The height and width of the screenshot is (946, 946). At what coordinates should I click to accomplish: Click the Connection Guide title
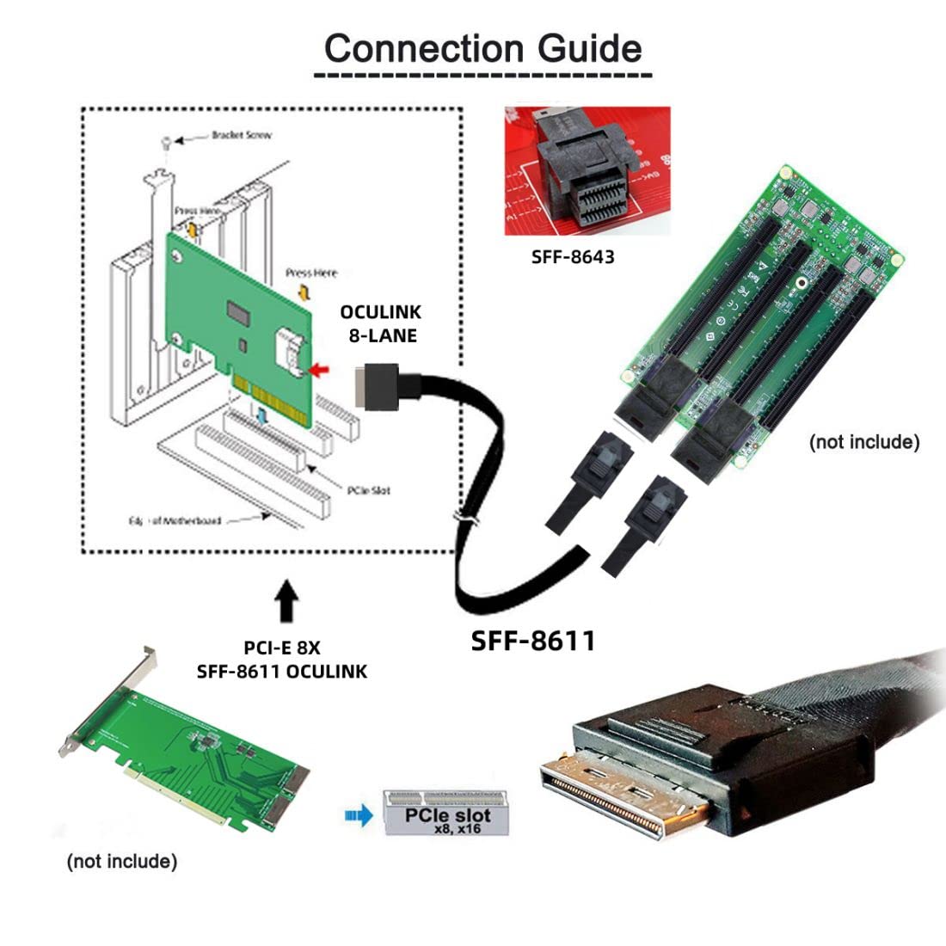point(482,48)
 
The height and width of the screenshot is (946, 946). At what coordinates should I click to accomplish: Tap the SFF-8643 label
point(573,256)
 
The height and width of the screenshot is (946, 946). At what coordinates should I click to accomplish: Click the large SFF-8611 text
point(533,641)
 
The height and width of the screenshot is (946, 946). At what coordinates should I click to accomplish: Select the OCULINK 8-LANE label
point(378,323)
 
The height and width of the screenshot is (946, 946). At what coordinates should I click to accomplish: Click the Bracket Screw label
point(241,136)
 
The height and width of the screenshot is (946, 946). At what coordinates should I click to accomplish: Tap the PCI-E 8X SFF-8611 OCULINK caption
point(281,659)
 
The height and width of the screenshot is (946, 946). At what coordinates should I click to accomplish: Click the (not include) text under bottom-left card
point(121,861)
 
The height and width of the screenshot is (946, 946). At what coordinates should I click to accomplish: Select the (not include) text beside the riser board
point(863,442)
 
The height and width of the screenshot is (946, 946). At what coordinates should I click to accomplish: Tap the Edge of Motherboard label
point(175,520)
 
